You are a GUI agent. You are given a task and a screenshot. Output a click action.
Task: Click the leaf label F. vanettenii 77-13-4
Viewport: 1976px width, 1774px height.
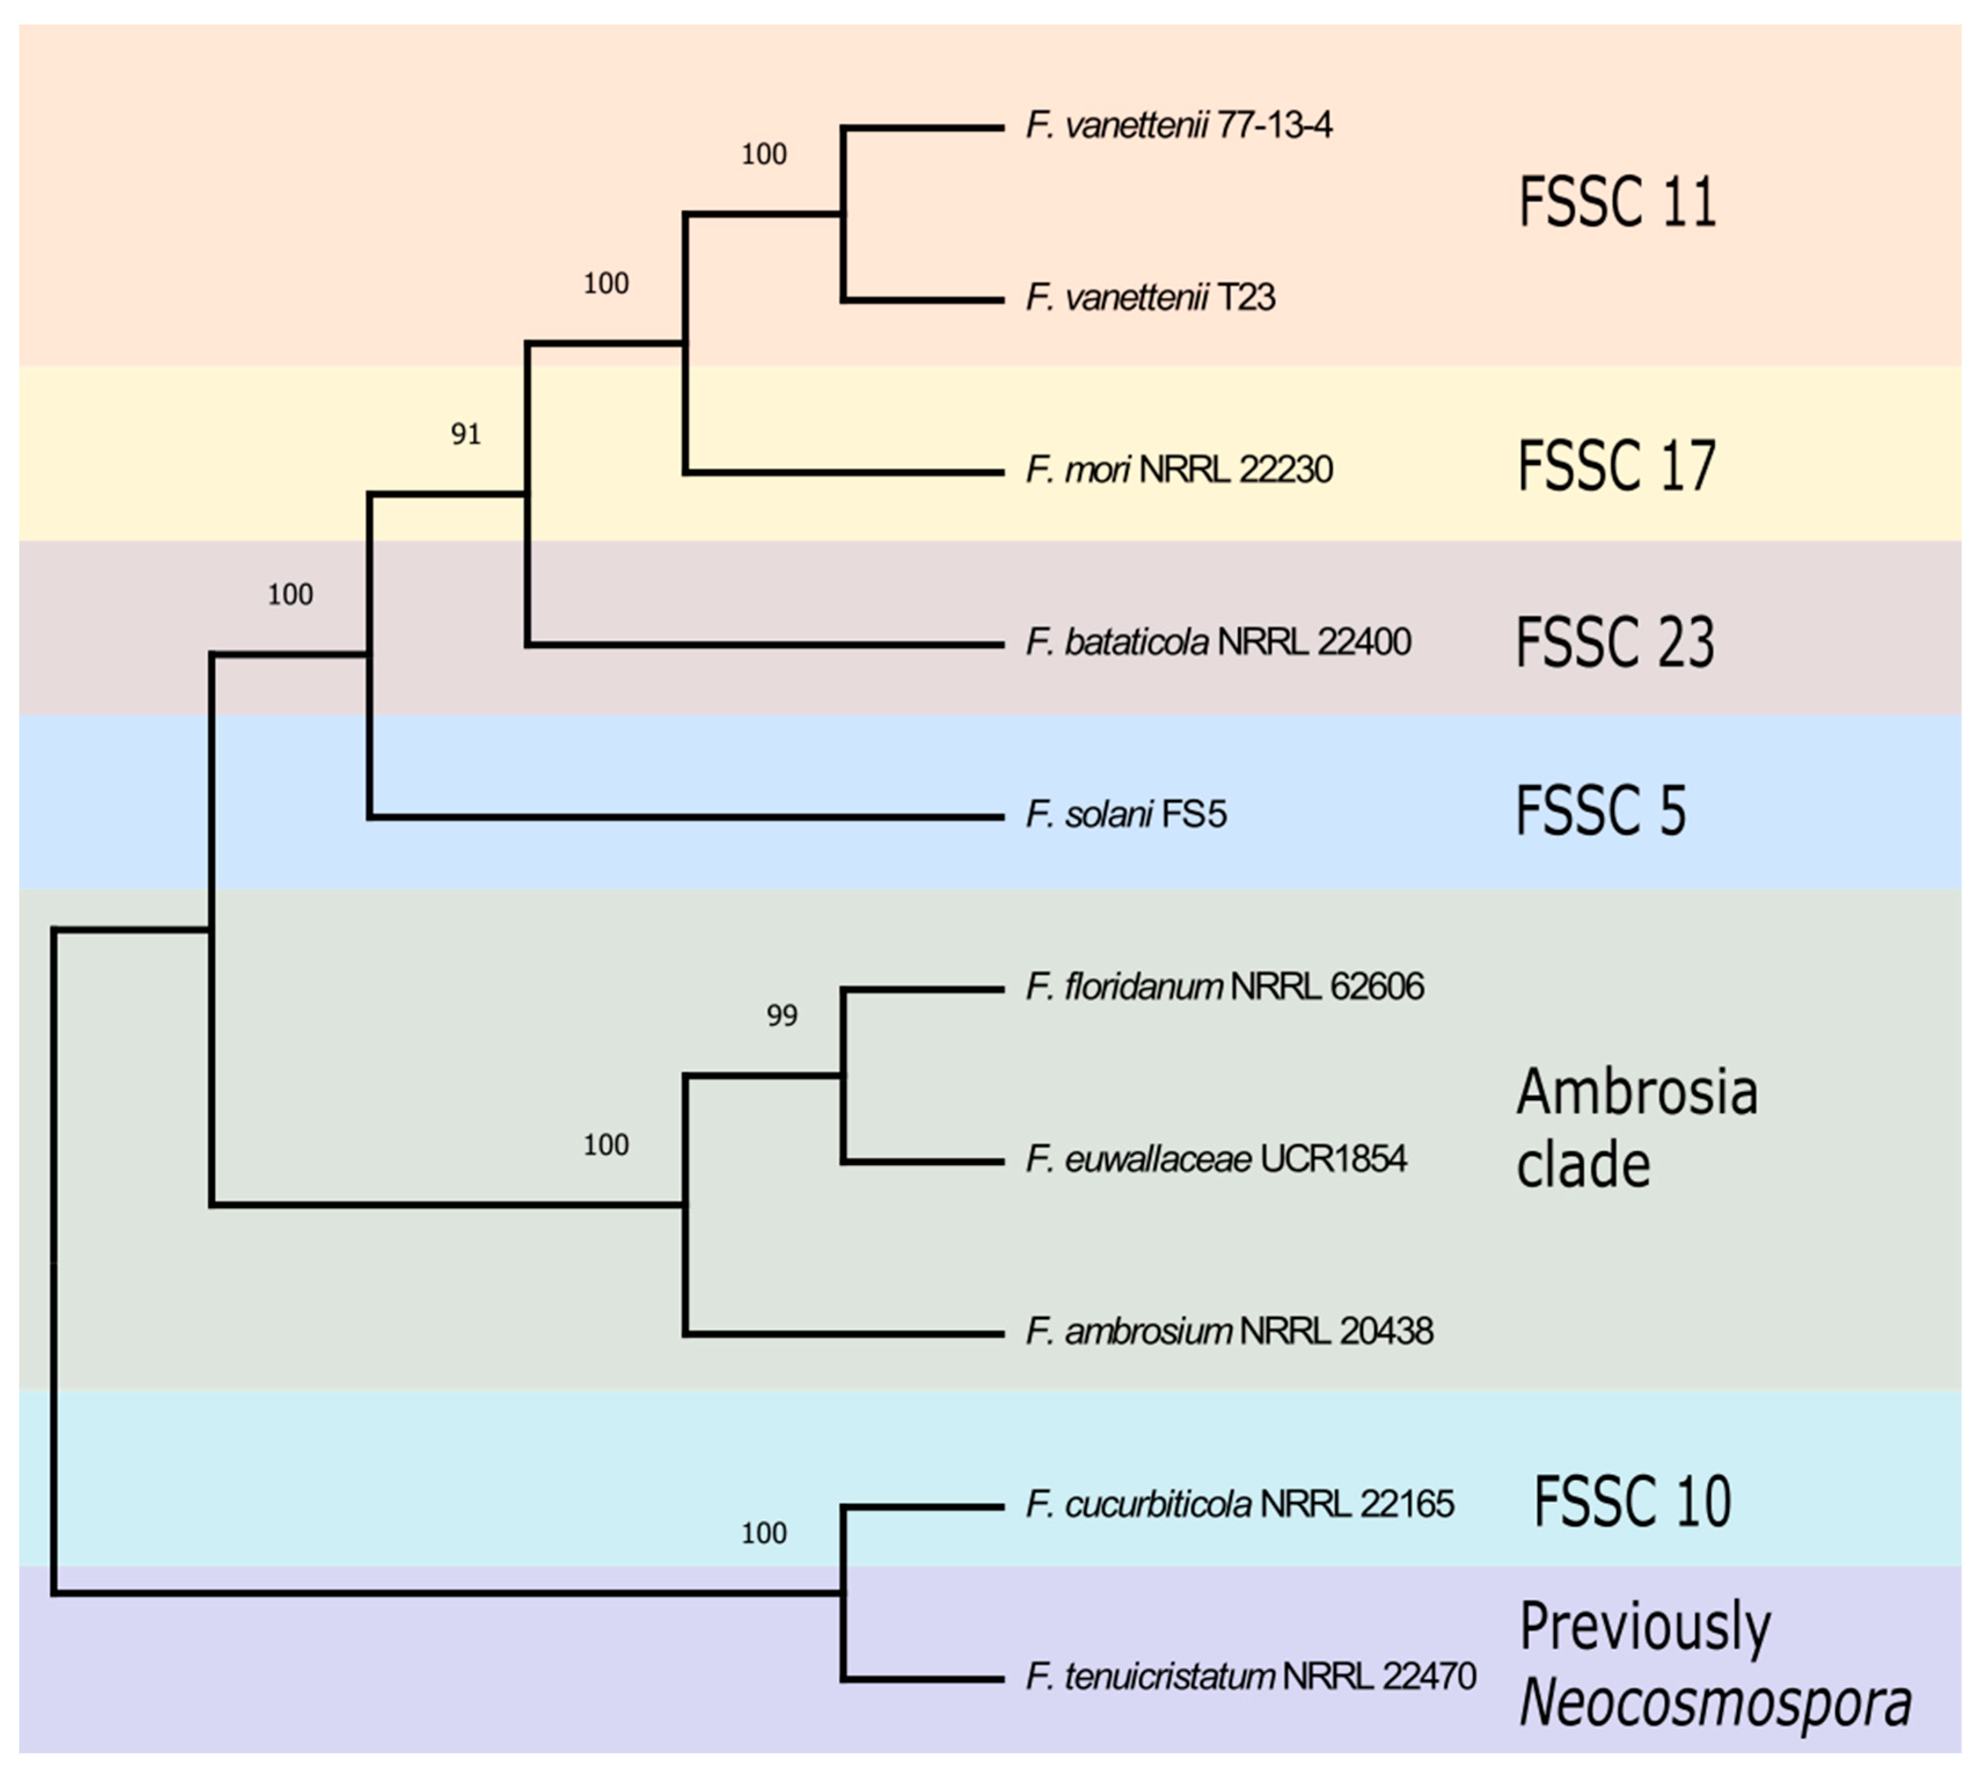pos(1179,126)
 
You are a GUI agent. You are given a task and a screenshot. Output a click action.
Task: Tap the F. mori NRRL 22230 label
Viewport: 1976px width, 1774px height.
pos(1179,470)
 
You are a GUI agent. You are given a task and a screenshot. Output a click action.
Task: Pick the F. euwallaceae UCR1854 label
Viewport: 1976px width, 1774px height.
pos(1216,1159)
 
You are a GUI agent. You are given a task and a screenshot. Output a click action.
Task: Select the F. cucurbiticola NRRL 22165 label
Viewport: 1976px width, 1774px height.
pos(1239,1504)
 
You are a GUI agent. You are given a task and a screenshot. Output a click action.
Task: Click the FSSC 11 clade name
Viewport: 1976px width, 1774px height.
pos(1618,203)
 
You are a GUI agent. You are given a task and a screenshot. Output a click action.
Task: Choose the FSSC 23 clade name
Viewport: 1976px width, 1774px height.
pos(1615,643)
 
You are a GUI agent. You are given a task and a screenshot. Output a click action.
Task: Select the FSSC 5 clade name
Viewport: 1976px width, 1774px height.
pos(1600,811)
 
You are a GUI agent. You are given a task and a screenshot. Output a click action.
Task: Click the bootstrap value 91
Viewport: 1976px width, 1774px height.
pos(466,434)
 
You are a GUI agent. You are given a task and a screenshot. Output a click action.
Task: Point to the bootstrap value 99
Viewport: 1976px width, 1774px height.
pos(781,1016)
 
